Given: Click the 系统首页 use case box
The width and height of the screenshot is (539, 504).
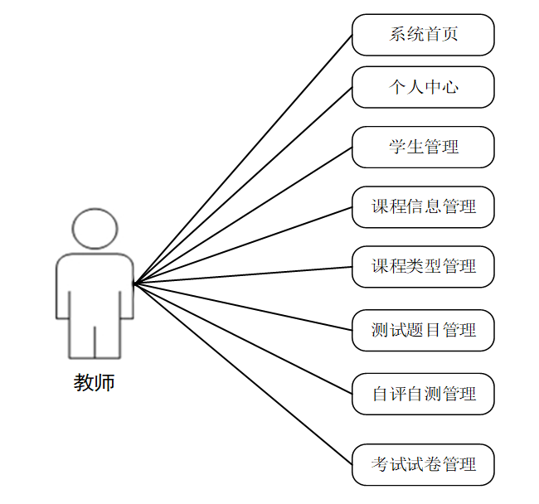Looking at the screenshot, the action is coord(423,35).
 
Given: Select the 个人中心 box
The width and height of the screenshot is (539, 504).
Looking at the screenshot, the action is coord(423,87).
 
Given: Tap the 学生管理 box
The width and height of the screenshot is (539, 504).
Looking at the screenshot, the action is coord(423,148).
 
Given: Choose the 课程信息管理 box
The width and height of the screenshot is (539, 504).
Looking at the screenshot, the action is coord(423,206).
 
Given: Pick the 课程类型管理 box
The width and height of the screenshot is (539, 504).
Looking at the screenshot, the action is coord(423,267).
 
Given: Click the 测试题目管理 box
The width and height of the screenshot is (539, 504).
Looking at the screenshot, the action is coord(423,330).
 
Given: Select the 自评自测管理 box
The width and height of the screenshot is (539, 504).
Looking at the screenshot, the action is coord(423,394).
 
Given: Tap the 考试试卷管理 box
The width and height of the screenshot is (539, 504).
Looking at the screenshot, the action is coord(423,464).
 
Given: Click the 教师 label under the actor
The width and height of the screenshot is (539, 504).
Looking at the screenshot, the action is coord(95,383).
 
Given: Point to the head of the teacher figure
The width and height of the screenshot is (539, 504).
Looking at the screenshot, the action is coord(95,228).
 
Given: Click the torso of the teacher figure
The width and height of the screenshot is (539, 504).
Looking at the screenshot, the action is coord(95,286).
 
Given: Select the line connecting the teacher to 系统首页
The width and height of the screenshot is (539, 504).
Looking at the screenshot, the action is coord(243,159).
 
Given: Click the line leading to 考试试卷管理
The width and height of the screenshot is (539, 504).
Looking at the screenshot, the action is coord(243,374).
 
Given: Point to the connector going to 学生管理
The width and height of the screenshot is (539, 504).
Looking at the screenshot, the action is coord(243,216).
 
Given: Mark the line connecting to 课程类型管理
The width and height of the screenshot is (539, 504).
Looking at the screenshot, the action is coord(243,275).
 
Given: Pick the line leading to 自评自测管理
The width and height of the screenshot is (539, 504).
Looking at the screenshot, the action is coord(243,338).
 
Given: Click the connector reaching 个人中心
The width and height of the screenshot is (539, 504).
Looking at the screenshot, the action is coord(243,186).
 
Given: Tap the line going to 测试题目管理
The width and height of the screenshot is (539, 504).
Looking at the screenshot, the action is coord(243,307).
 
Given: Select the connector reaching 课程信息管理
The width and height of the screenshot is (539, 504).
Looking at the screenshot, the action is coord(243,245).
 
